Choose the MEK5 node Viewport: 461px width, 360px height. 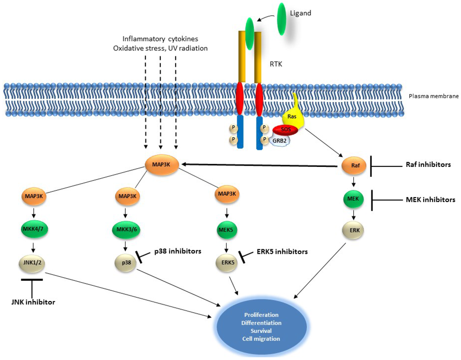(x=226, y=229)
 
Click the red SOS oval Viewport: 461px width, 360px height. (x=285, y=130)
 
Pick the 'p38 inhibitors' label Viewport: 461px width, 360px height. (x=177, y=251)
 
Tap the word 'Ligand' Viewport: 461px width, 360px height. (x=301, y=13)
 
